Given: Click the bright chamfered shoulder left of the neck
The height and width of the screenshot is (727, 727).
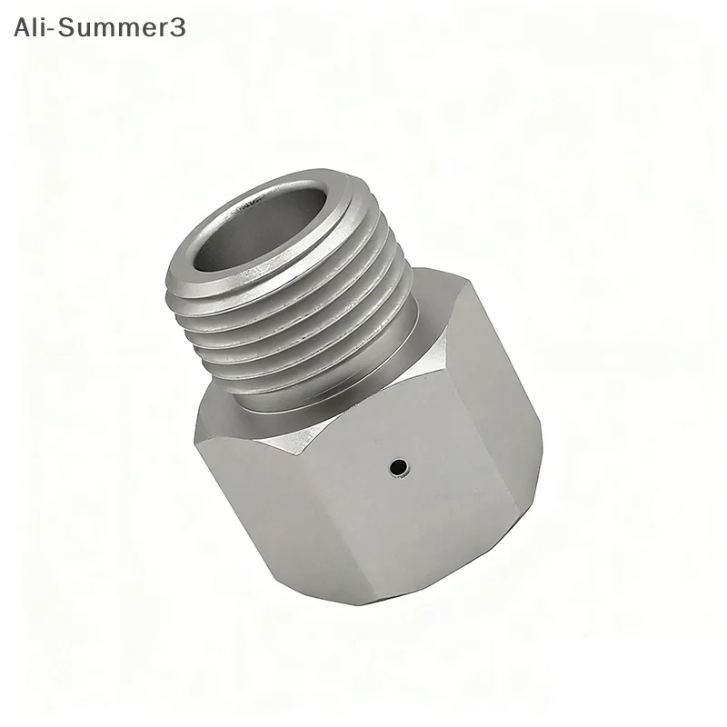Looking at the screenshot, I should [x=227, y=400].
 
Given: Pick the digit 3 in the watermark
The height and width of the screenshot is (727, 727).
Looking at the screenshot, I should [x=177, y=27].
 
